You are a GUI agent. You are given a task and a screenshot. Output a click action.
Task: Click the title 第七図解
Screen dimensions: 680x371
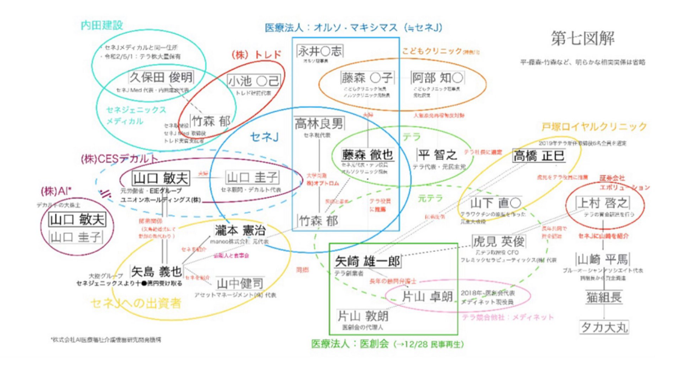[x=582, y=38]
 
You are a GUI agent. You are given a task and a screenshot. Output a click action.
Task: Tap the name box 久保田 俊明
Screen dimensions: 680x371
[x=161, y=78]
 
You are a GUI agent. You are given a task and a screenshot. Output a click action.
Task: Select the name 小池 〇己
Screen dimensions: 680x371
[x=253, y=81]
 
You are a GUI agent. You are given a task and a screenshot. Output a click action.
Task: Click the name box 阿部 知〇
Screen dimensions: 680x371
[x=437, y=78]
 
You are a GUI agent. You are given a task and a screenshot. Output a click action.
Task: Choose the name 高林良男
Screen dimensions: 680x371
[x=319, y=124]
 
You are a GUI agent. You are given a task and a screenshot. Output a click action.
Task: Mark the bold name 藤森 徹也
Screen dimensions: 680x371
[x=367, y=155]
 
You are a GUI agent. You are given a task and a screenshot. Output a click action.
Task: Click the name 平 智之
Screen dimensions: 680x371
[x=437, y=155]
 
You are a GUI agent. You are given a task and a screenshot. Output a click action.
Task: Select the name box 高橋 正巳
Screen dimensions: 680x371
[x=539, y=156]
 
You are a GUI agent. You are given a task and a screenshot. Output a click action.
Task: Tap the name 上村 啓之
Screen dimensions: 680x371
[x=603, y=203]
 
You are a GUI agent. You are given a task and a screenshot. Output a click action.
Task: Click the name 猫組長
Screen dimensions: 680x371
[x=604, y=297]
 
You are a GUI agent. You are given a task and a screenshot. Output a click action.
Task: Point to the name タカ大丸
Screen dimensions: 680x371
[x=604, y=327]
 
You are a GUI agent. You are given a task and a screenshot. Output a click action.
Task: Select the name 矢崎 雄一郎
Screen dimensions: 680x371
[x=367, y=262]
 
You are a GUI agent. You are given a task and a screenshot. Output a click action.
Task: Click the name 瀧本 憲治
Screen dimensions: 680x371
[x=240, y=230]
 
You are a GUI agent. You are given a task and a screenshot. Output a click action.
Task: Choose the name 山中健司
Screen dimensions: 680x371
[x=240, y=284]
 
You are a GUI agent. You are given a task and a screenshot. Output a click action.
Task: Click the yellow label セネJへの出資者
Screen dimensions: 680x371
[x=136, y=303]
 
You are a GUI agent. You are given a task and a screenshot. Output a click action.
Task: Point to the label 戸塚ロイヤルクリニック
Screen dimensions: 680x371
[x=594, y=127]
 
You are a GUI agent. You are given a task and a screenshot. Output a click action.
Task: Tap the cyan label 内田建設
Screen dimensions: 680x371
[x=102, y=25]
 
